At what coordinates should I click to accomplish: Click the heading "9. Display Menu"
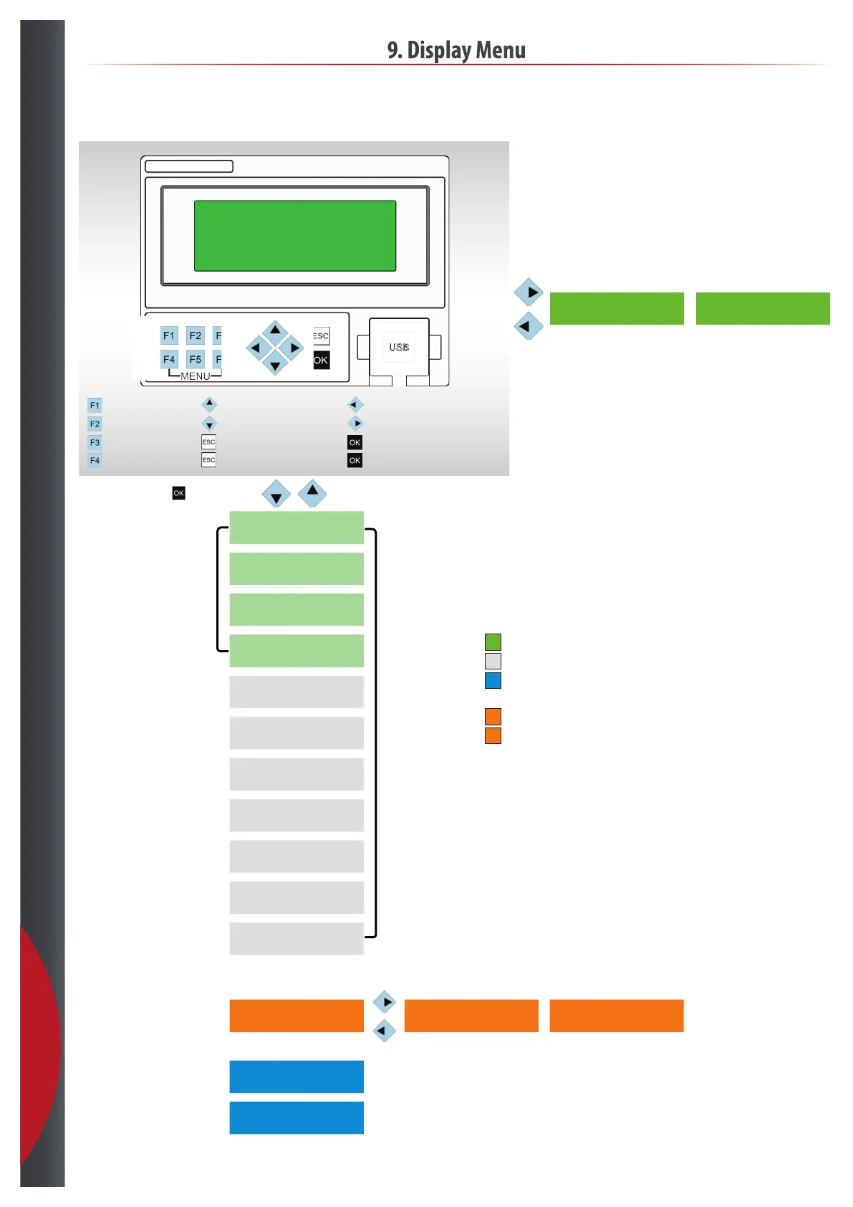point(456,50)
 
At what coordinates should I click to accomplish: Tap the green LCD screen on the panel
point(295,236)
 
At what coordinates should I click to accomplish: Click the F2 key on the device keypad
point(195,335)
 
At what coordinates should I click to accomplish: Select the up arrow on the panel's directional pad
point(275,330)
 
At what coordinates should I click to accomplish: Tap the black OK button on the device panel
point(321,361)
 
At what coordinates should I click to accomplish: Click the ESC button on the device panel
point(321,335)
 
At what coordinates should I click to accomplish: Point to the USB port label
point(399,347)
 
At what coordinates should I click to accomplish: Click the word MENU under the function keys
point(195,376)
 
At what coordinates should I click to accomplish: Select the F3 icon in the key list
point(95,442)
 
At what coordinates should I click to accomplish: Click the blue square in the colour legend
point(493,680)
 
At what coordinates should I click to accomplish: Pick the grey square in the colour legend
point(493,661)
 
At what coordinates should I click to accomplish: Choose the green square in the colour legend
point(493,641)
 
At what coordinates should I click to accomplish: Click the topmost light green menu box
point(297,528)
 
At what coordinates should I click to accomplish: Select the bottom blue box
point(297,1117)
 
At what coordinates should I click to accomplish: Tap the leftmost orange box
point(297,1016)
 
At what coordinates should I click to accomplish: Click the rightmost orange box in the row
point(616,1016)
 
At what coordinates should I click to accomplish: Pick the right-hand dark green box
point(763,308)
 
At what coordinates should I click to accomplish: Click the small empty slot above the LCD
point(189,166)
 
